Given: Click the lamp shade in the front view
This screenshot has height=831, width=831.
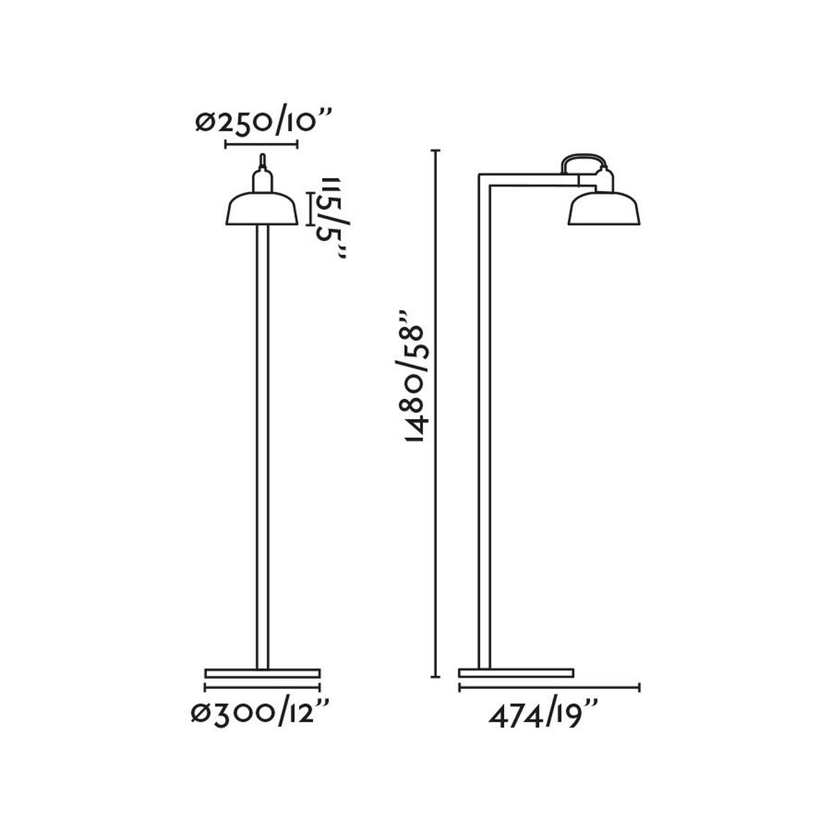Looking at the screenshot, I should pyautogui.click(x=262, y=211).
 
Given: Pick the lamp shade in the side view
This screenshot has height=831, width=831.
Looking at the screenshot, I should pyautogui.click(x=603, y=209).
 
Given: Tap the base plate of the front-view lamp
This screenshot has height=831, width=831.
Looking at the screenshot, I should pyautogui.click(x=262, y=672).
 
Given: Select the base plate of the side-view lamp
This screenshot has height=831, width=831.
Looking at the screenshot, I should pyautogui.click(x=517, y=672).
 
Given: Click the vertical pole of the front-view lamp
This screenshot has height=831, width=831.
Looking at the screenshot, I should pyautogui.click(x=262, y=450).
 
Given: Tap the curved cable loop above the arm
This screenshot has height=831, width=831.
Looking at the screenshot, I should pyautogui.click(x=585, y=160).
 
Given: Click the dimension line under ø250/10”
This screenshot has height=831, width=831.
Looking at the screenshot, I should pyautogui.click(x=262, y=145).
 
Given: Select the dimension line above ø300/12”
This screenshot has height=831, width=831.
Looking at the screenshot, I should pyautogui.click(x=262, y=688).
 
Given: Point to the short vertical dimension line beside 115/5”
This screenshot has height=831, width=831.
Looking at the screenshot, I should pyautogui.click(x=310, y=205).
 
